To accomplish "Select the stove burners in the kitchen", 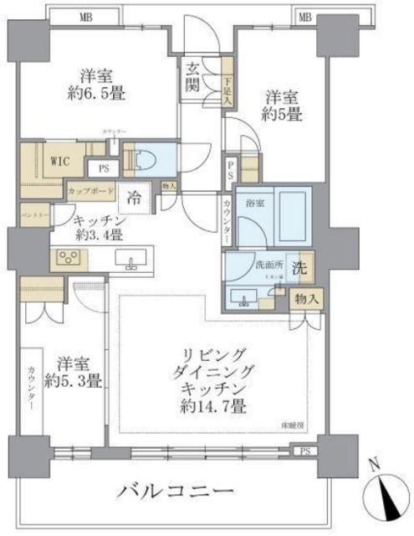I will pyautogui.click(x=65, y=259).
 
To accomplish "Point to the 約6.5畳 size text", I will pyautogui.click(x=97, y=94).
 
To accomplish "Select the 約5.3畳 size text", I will pyautogui.click(x=73, y=381).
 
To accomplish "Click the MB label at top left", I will pyautogui.click(x=85, y=16).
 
